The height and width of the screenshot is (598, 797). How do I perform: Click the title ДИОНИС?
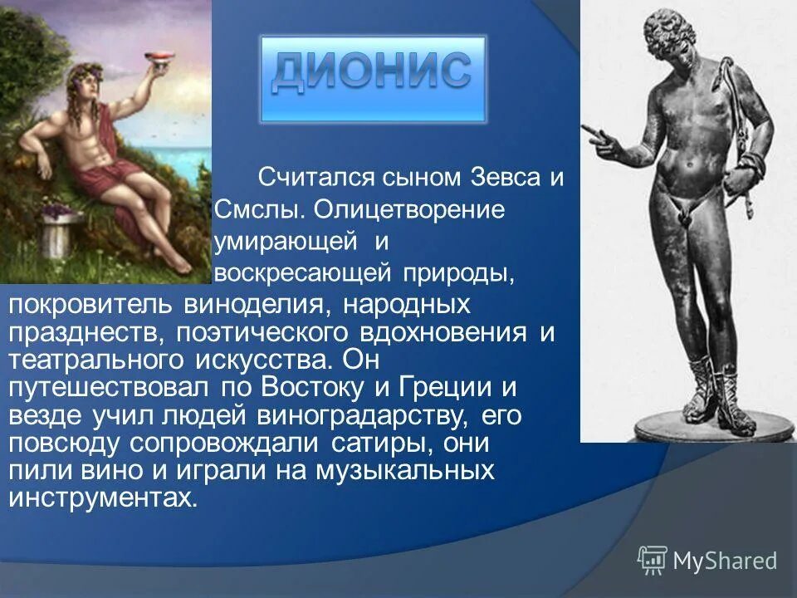(x=372, y=74)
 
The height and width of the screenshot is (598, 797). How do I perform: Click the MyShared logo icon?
(x=652, y=560)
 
